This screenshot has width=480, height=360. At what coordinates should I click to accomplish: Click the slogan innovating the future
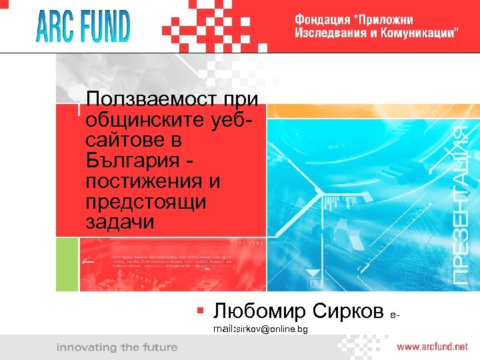(117, 347)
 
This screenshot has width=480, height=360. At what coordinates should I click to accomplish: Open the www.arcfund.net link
(433, 347)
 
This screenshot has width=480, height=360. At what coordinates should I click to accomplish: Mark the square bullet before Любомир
(199, 309)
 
